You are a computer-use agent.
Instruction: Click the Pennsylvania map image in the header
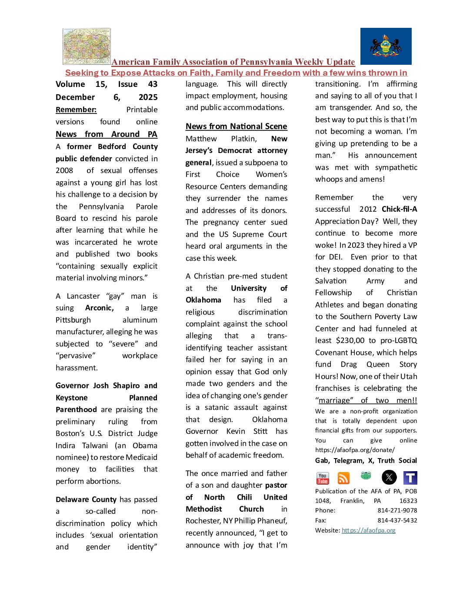[x=87, y=47]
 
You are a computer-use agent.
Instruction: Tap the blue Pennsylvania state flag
[x=386, y=47]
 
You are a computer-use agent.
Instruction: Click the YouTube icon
[x=323, y=478]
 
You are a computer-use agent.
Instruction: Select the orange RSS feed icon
[x=343, y=478]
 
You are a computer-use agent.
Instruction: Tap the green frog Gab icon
[x=366, y=476]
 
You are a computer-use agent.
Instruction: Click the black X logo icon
[x=389, y=478]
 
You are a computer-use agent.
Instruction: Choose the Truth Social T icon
[x=410, y=478]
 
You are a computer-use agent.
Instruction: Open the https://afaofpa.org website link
[x=369, y=530]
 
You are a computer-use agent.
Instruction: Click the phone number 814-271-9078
[x=397, y=510]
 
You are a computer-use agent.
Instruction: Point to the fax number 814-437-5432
[x=397, y=520]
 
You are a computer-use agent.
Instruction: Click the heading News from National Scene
[x=236, y=126]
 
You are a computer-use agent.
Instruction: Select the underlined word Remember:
[x=76, y=110]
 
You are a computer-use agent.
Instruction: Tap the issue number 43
[x=153, y=84]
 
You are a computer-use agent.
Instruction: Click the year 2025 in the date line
[x=148, y=97]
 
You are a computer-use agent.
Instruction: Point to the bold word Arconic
[x=99, y=308]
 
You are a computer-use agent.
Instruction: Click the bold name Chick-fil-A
[x=399, y=209]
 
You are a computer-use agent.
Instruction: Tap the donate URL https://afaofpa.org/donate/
[x=355, y=450]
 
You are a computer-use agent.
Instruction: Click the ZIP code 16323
[x=408, y=501]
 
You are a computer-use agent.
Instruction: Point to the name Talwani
[x=94, y=446]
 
